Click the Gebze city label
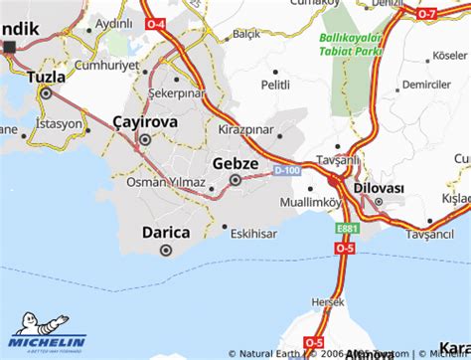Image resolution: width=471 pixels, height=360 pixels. click(x=235, y=162)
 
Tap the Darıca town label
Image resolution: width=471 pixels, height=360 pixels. click(x=166, y=232)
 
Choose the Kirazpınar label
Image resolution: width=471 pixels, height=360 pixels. click(x=245, y=130)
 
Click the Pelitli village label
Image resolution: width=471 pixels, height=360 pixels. click(x=276, y=88)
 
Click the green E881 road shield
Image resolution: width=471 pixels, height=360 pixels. click(x=339, y=228)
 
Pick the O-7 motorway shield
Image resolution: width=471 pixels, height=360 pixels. click(x=425, y=14)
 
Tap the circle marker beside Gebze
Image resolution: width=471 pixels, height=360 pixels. click(x=235, y=180)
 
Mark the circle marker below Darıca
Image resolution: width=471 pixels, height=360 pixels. click(x=166, y=251)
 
